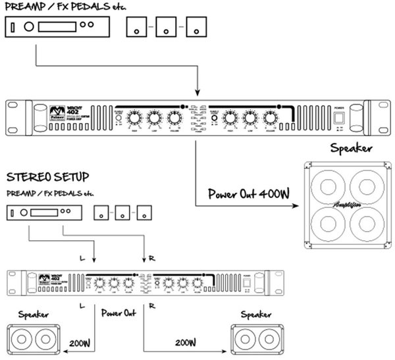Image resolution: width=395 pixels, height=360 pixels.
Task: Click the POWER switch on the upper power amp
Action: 340,118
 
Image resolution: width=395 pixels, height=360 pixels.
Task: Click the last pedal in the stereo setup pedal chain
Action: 145,213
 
